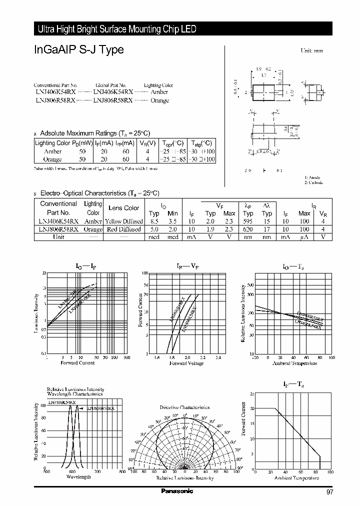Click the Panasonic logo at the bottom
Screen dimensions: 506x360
click(176, 491)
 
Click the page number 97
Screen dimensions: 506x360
click(329, 492)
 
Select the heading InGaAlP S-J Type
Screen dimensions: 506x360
click(79, 50)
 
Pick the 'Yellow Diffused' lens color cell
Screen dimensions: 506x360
click(124, 221)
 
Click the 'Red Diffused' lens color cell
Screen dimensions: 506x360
click(124, 229)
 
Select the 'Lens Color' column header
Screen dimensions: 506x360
click(124, 208)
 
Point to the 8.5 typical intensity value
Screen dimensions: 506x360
click(154, 220)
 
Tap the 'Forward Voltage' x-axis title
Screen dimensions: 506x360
click(186, 363)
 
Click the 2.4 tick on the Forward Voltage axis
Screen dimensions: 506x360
click(218, 357)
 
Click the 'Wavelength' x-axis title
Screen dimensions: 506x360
click(78, 477)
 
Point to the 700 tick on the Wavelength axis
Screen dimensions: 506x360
click(97, 471)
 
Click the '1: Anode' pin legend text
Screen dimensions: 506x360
click(312, 177)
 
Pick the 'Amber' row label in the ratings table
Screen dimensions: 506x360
click(52, 151)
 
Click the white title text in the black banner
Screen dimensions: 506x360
click(117, 29)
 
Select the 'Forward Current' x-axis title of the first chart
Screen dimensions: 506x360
click(77, 363)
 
